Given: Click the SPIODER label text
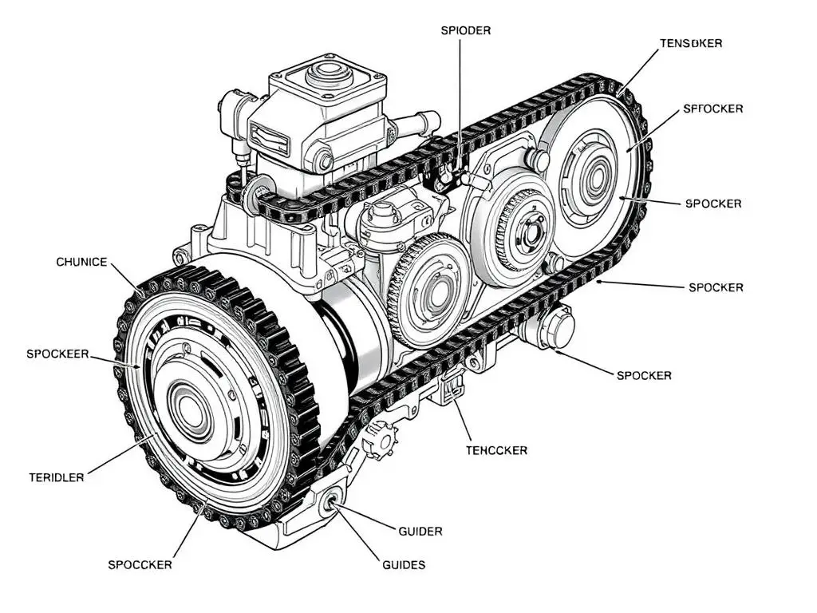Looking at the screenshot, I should pyautogui.click(x=465, y=30).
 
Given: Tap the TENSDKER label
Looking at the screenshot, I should pyautogui.click(x=691, y=43).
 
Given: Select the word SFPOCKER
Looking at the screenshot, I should pyautogui.click(x=713, y=109).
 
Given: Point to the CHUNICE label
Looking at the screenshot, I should pyautogui.click(x=81, y=262).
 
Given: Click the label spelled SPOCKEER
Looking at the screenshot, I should pyautogui.click(x=57, y=354).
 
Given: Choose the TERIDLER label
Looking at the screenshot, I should pyautogui.click(x=56, y=477).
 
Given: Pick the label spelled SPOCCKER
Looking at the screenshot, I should pyautogui.click(x=140, y=564).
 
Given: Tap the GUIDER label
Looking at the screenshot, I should pyautogui.click(x=420, y=531).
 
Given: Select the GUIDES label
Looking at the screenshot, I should pyautogui.click(x=404, y=564).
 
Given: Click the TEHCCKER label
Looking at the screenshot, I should pyautogui.click(x=496, y=450).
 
